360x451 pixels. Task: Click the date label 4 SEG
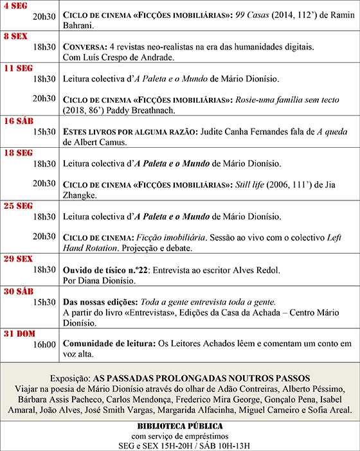click(15, 4)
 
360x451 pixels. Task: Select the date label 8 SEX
click(15, 37)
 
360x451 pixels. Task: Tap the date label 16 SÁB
click(18, 121)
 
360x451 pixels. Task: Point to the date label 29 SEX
click(18, 259)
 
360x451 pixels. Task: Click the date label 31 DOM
click(19, 333)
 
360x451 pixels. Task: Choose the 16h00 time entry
click(44, 344)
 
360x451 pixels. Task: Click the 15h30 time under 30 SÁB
click(44, 302)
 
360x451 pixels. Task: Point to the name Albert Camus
click(91, 142)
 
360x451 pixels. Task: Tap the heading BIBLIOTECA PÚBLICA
click(180, 426)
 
